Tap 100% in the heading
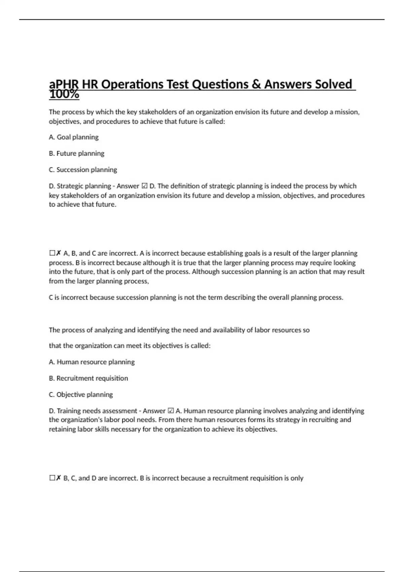[x=64, y=95]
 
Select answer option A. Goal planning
[x=74, y=137]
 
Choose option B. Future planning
[x=76, y=153]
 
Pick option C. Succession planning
[x=83, y=170]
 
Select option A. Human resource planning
[x=92, y=362]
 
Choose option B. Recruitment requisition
[x=88, y=378]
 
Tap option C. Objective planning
[x=81, y=394]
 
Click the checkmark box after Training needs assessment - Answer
[x=171, y=411]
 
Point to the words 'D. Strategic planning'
[x=80, y=186]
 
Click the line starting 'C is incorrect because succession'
[x=196, y=297]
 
